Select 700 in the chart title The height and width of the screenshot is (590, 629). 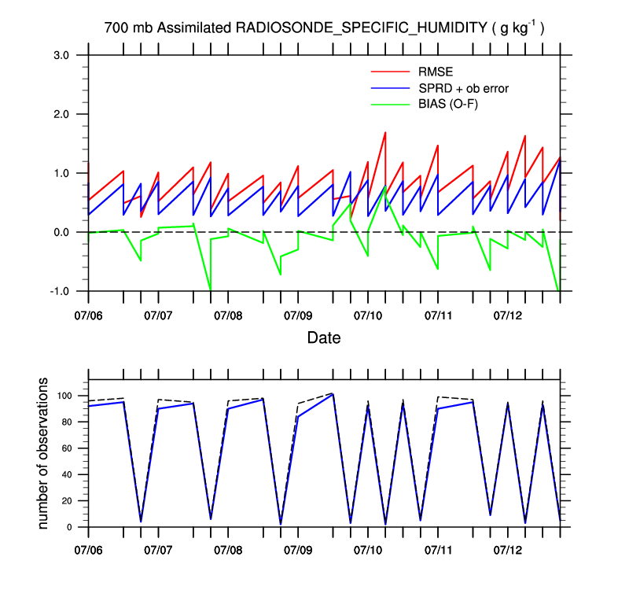tap(116, 28)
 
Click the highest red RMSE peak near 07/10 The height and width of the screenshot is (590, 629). tap(385, 132)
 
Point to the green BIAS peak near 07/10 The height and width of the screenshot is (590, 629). tap(385, 190)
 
